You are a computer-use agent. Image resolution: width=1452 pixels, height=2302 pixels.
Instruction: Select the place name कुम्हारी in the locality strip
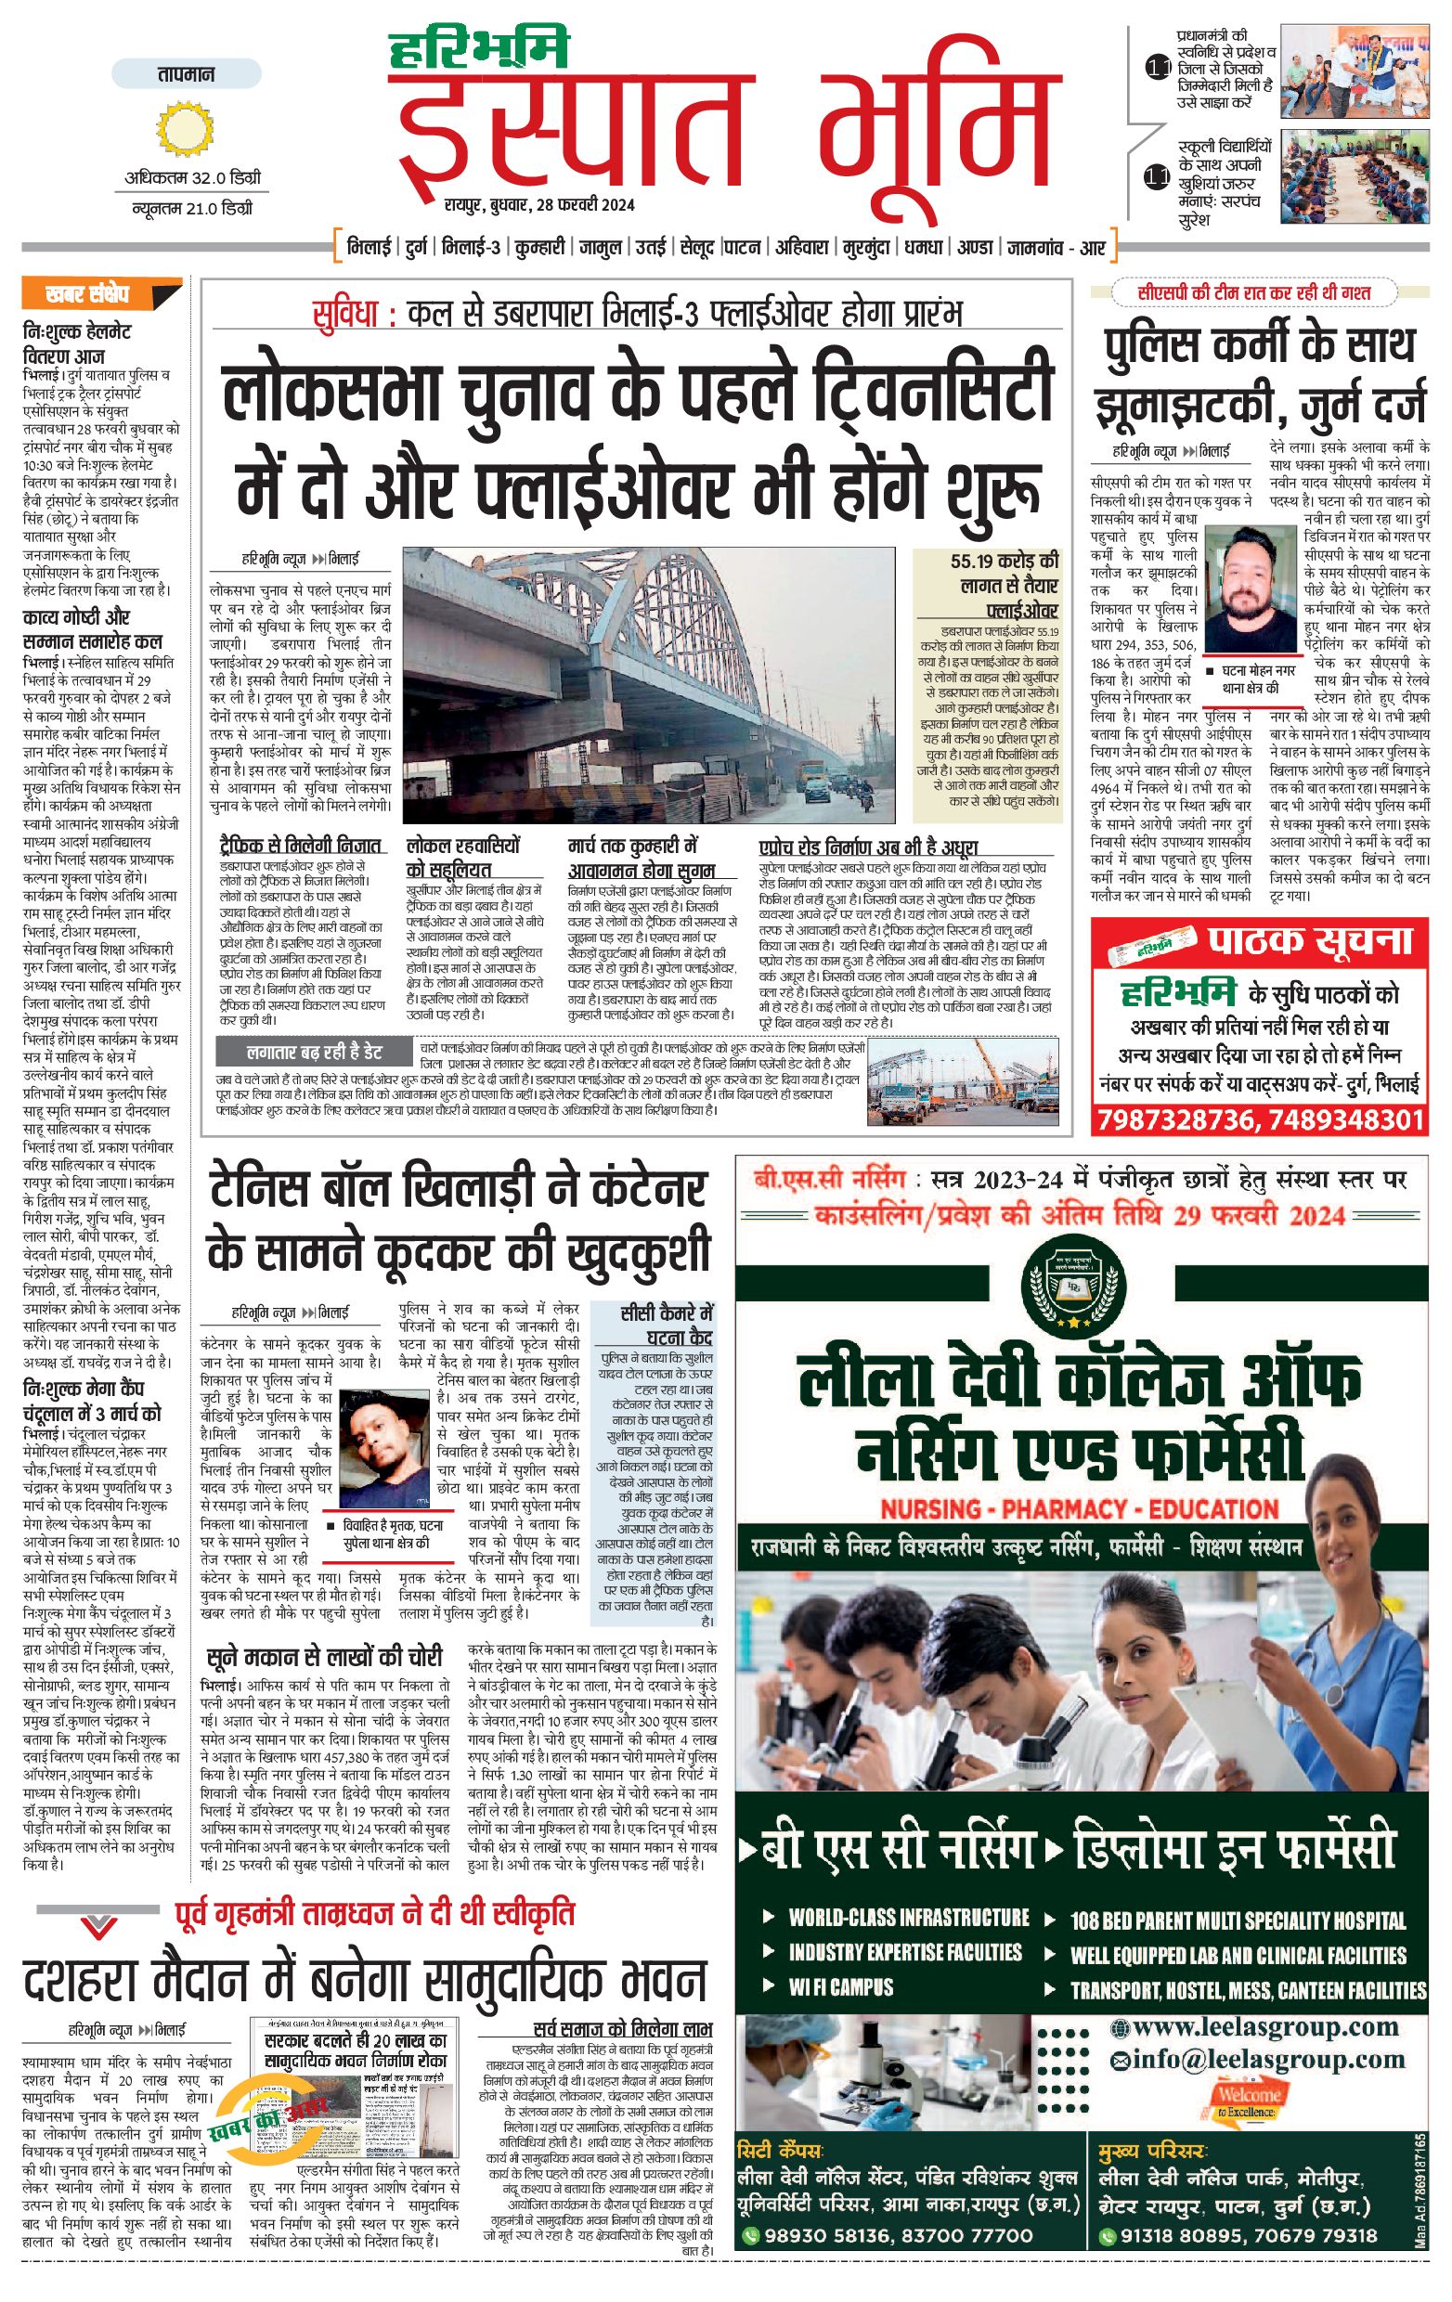pyautogui.click(x=539, y=248)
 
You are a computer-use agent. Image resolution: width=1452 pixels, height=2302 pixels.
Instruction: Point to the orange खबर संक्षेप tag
pyautogui.click(x=100, y=293)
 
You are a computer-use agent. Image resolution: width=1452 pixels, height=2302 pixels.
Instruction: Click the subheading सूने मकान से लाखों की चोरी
pyautogui.click(x=324, y=1657)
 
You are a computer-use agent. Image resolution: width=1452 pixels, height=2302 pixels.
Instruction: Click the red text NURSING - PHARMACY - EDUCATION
pyautogui.click(x=1079, y=1509)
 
